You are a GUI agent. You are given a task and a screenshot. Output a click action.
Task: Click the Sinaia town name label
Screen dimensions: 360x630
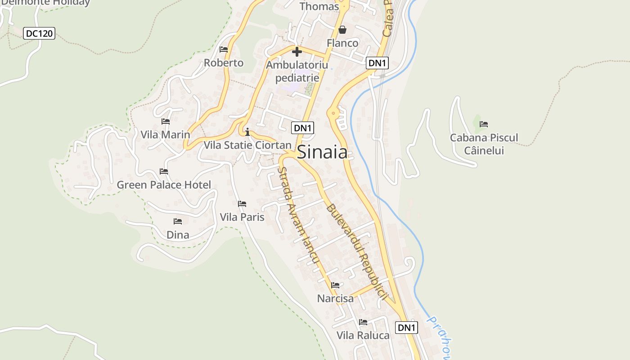coord(323,152)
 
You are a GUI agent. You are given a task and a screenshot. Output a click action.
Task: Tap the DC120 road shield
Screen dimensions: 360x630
coord(39,33)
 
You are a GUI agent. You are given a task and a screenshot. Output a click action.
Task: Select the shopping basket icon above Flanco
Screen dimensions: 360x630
coord(342,30)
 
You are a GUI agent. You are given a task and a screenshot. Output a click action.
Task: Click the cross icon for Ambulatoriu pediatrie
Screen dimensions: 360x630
coord(297,52)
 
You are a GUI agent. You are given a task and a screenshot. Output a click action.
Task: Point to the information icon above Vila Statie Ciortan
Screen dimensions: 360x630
coord(247,132)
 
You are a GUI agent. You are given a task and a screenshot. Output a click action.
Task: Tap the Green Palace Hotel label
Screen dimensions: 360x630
coord(164,185)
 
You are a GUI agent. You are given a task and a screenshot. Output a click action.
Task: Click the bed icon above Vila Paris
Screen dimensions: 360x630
coord(242,204)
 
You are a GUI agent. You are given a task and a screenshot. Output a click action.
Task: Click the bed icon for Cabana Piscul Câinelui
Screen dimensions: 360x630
coord(484,124)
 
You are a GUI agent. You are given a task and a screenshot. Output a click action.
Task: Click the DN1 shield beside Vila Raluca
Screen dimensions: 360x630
coord(406,328)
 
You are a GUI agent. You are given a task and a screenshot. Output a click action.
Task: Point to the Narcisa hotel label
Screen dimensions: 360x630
coord(335,298)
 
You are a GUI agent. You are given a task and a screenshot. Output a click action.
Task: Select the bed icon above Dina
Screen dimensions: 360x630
coord(178,221)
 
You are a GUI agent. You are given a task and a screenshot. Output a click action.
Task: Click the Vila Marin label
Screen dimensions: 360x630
coord(165,135)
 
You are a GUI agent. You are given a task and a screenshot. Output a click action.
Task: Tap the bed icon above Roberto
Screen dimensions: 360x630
coord(224,49)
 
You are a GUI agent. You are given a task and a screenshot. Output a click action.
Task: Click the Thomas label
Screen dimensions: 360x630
coord(319,6)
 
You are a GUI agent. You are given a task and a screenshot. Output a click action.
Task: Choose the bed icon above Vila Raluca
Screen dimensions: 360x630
coord(363,322)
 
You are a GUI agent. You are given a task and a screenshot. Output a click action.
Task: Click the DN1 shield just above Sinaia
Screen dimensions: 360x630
coord(302,128)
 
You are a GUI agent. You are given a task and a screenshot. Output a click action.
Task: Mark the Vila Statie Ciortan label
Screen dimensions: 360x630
coord(247,145)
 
